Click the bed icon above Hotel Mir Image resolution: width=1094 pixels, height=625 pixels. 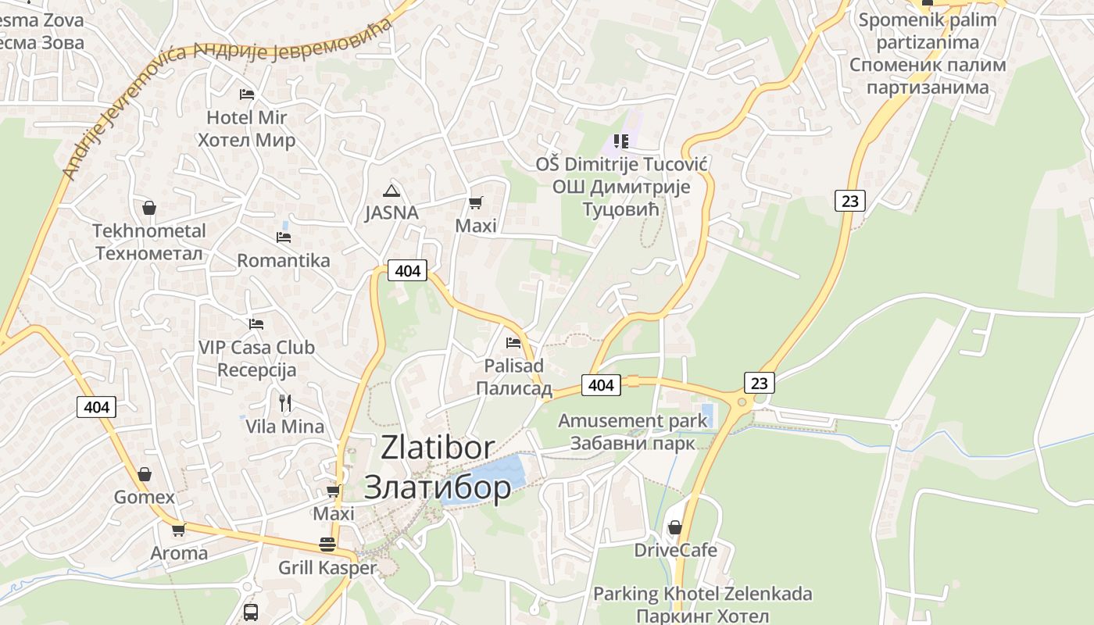point(247,95)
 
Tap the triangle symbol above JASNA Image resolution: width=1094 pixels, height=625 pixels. point(391,190)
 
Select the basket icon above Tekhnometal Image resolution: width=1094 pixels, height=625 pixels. point(148,208)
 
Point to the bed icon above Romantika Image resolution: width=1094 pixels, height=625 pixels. point(284,237)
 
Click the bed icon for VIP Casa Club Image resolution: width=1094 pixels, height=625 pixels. point(256,323)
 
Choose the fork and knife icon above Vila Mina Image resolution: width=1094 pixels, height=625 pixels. point(285,403)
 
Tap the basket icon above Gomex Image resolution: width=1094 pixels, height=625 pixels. point(145,474)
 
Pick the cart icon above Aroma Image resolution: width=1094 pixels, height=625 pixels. point(179,530)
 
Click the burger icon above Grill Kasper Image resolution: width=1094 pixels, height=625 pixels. point(327,545)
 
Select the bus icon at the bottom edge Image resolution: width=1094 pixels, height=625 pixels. point(251,612)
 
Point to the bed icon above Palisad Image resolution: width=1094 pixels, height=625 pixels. point(513,342)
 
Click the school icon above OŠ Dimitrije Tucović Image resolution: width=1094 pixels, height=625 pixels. point(621,141)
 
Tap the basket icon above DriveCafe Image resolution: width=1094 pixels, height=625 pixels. point(675,527)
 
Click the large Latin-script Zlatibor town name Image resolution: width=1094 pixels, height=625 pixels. point(438,448)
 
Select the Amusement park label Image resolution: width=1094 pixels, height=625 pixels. point(632,421)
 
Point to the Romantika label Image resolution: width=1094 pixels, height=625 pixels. point(284,260)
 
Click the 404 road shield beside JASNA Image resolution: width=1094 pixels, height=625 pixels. point(408,271)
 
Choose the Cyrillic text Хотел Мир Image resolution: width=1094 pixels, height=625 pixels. point(247,141)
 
